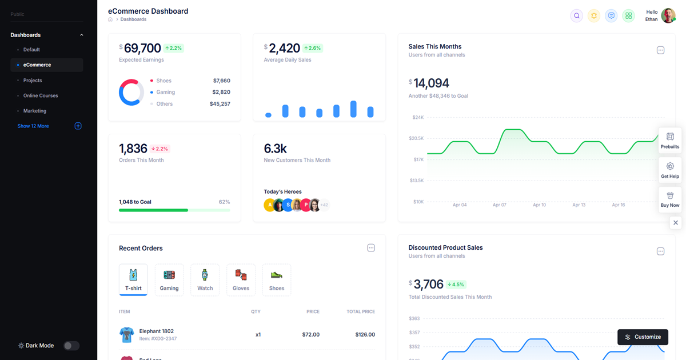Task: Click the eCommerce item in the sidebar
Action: tap(37, 65)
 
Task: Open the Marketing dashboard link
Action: tap(35, 111)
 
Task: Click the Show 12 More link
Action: tap(33, 126)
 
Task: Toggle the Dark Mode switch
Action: tap(71, 346)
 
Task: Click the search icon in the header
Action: tap(577, 16)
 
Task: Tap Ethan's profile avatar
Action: tap(668, 15)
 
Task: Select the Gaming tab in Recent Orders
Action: tap(169, 280)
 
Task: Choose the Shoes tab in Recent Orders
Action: tap(277, 280)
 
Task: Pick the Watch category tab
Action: tap(205, 280)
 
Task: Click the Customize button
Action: tap(643, 337)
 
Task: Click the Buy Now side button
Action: tap(670, 199)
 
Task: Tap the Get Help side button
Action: tap(670, 170)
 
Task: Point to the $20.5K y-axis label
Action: tap(416, 138)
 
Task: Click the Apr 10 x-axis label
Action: tap(539, 205)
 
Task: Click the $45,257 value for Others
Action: tap(220, 104)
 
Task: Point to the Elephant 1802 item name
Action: tap(157, 331)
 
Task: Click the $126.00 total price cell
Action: tap(364, 335)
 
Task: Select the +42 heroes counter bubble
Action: tap(324, 205)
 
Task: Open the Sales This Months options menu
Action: tap(660, 50)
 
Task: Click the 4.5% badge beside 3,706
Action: tap(456, 285)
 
